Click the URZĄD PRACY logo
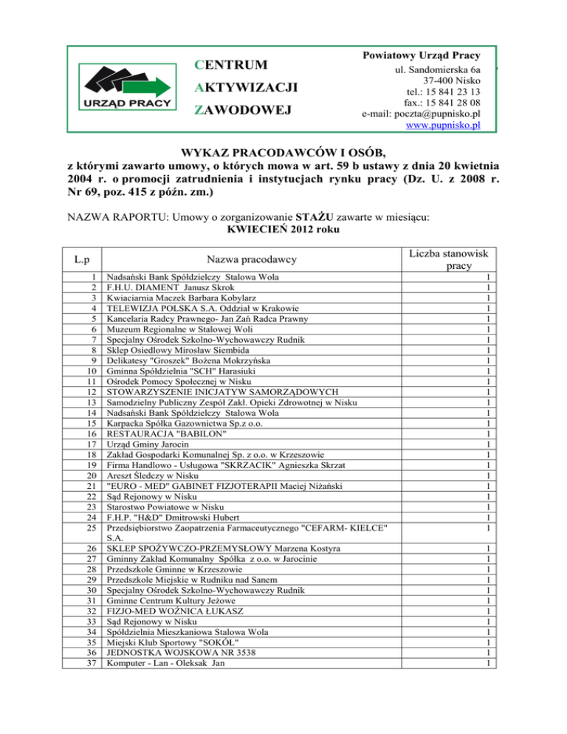click(128, 87)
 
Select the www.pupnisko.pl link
click(443, 126)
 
